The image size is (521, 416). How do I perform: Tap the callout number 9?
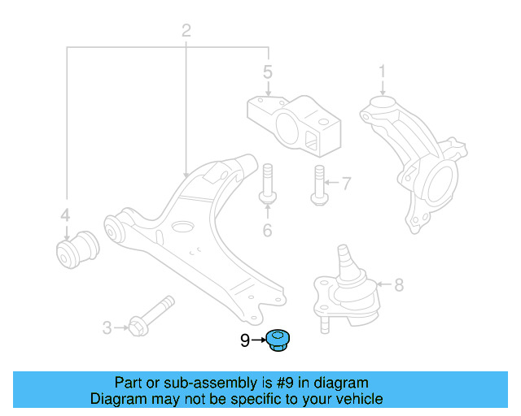click(x=245, y=342)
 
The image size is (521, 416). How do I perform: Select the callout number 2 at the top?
click(x=186, y=32)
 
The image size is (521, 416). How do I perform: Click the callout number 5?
click(x=268, y=73)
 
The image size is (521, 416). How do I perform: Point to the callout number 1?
click(x=381, y=74)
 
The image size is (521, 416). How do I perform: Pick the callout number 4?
click(x=65, y=216)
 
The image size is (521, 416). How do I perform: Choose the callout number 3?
click(x=107, y=328)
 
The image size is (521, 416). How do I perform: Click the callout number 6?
click(x=266, y=231)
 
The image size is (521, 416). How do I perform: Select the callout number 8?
click(x=398, y=285)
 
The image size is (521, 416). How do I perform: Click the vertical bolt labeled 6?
click(x=267, y=183)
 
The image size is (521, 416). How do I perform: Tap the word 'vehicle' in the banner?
click(x=357, y=399)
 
